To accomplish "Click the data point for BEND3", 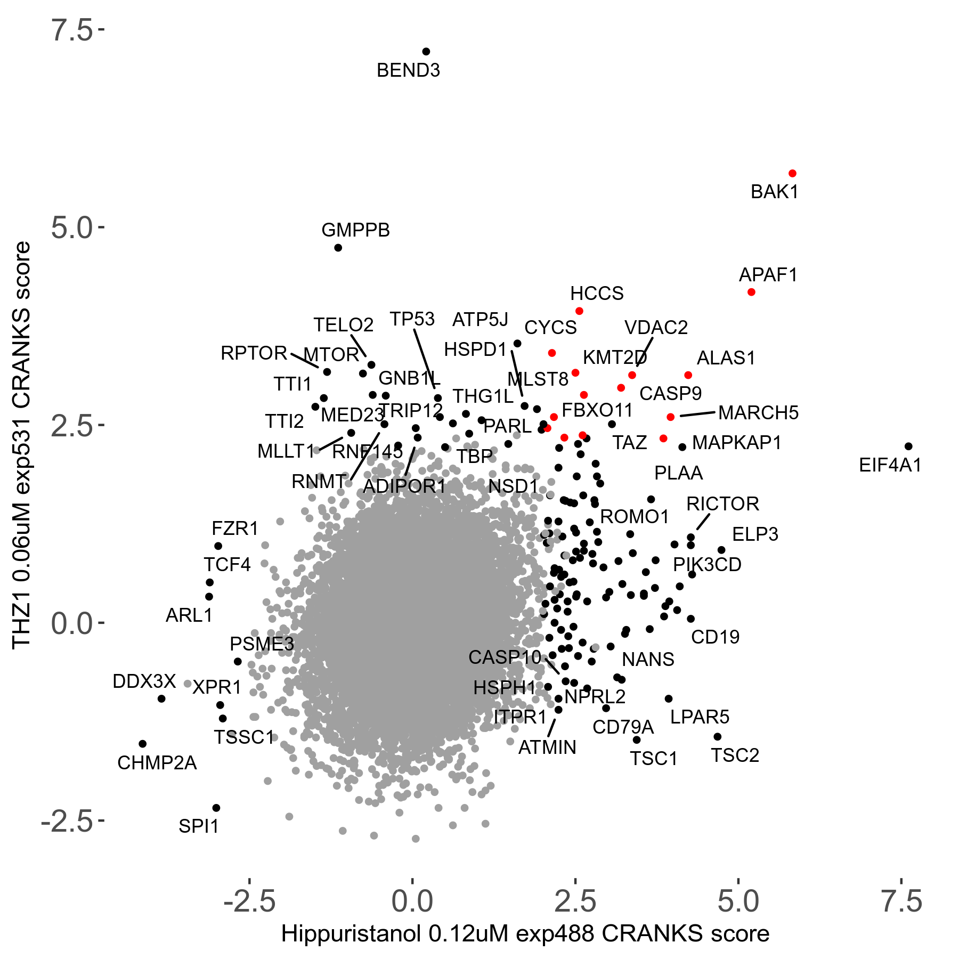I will coord(426,52).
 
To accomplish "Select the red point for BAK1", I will coord(792,174).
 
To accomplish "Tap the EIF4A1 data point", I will coord(908,446).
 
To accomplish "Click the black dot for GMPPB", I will coord(338,248).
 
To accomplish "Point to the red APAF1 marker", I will coord(751,292).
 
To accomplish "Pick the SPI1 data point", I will coord(216,808).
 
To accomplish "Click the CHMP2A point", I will coord(142,744).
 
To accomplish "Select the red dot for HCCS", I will coord(579,311).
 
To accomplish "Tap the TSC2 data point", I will coord(717,737).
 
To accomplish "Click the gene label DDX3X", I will coord(144,681).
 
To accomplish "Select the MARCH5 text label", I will coord(758,413).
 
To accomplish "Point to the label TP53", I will coord(412,319).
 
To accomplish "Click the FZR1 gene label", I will coord(235,529).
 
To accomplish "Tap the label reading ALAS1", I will coord(726,358).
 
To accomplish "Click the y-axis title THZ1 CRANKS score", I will coord(22,445).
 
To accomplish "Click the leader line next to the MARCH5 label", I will coord(697,413).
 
